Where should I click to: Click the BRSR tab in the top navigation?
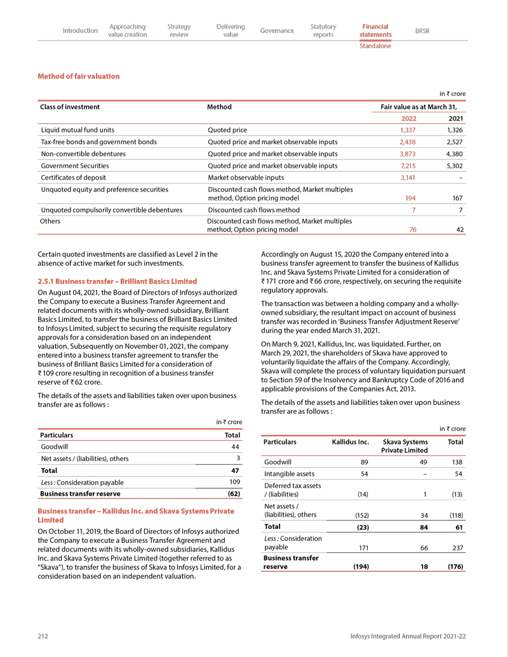422,30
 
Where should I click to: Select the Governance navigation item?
277,30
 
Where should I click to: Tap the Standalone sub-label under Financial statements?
375,46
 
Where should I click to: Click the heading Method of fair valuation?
79,76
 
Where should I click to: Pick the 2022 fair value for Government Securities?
407,166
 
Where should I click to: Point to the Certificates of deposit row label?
73,178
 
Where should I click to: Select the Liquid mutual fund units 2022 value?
407,130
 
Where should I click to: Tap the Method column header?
220,107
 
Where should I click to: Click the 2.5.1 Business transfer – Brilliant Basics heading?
117,281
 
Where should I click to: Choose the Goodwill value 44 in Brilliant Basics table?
235,447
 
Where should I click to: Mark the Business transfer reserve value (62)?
233,493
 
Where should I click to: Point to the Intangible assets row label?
290,474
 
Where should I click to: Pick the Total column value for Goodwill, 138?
456,463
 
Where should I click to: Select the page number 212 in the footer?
44,636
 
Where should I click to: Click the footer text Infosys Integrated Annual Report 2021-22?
408,636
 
